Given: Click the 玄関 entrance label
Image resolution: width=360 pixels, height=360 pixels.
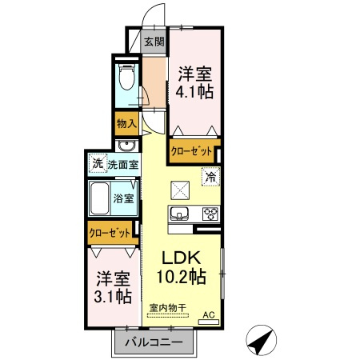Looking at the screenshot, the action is coord(154,42).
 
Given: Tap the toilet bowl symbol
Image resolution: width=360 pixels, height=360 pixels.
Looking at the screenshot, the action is coord(126,77).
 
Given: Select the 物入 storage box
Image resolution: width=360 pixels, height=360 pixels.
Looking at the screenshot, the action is coord(127,123).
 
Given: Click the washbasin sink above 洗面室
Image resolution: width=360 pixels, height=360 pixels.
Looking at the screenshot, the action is coord(127,146).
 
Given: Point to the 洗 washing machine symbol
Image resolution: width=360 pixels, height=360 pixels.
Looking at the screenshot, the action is coord(98,163).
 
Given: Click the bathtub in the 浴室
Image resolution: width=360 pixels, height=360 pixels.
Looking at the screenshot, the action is coord(99,198).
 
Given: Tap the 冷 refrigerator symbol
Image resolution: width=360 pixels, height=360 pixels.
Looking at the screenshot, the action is coord(211,176).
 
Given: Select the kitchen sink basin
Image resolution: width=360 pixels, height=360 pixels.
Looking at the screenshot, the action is coord(179,214).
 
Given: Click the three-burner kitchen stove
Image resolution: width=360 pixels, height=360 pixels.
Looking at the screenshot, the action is coord(210,214).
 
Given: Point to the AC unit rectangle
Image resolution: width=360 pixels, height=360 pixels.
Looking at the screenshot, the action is coord(209,322).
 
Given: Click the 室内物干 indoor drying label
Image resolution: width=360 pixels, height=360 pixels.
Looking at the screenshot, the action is coord(167,308).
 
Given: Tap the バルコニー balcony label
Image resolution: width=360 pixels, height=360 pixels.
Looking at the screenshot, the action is coord(154,342).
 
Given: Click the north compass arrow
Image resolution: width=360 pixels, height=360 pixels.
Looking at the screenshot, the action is coord(262,340).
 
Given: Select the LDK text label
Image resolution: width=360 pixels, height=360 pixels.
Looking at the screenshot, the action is coord(181,258).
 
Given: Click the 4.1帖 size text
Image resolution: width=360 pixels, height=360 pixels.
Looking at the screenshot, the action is coord(194,92).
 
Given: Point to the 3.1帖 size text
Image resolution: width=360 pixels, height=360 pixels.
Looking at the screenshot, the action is coord(113,296).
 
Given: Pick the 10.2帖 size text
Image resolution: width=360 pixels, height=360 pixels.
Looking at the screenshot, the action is coord(181,277).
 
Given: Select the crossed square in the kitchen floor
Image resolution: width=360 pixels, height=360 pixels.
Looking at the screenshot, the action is coord(180,190).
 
